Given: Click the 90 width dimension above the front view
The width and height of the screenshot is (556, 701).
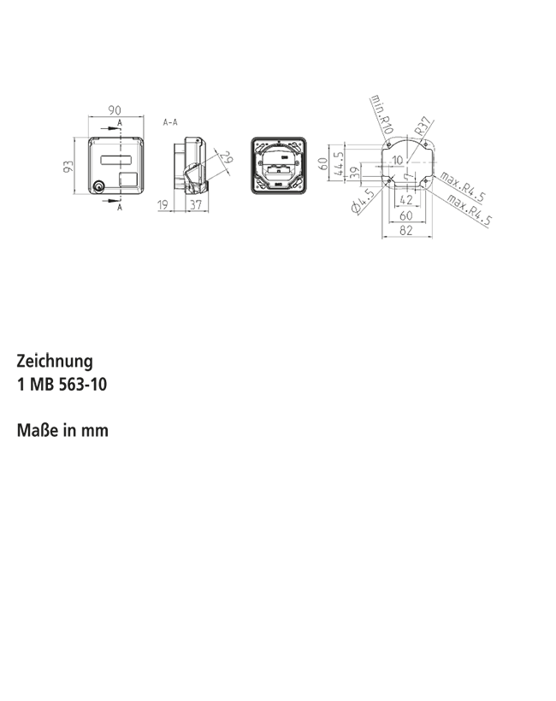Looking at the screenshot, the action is coord(115,110).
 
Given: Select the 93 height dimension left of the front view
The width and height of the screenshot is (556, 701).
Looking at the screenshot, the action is coord(68,167).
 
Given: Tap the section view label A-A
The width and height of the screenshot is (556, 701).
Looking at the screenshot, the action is coord(170,122).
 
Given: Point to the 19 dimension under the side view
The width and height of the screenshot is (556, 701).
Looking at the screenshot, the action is coord(163,205).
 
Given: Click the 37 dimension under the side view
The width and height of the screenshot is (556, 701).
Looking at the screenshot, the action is coord(196,205).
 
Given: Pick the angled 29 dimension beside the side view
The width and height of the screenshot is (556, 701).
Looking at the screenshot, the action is coord(228,157).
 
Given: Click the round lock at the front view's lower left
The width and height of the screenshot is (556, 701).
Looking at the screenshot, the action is coord(98,187).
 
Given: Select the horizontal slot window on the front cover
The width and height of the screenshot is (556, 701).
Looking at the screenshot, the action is coord(115,160).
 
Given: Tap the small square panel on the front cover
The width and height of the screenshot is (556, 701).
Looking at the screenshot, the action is coord(128,179).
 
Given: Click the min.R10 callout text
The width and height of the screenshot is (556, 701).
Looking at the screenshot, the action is coord(382,115).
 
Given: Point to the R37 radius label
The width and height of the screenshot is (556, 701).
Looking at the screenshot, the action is coord(423,126).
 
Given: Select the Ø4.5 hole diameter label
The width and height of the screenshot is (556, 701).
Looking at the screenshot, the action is coord(364,201).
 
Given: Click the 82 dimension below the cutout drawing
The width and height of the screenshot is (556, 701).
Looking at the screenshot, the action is coord(405,230).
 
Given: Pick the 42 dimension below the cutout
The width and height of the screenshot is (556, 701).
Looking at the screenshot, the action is coord(406,199).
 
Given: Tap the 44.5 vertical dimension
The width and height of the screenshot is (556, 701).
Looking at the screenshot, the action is coord(339,163).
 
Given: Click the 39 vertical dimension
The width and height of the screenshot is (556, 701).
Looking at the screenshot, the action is coord(354,173).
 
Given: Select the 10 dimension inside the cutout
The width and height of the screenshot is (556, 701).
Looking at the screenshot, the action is coord(397,160).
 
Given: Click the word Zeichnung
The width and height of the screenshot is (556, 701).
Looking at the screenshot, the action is coord(55,362).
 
